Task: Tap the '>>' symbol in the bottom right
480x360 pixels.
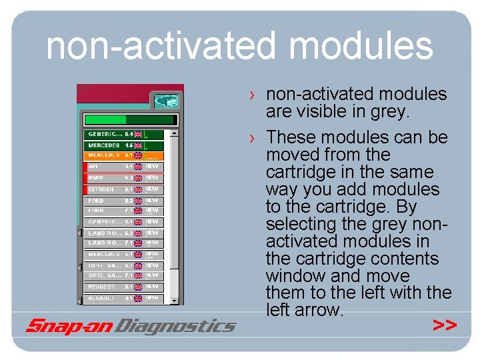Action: [x=445, y=325]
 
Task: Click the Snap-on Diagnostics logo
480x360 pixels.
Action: [x=131, y=326]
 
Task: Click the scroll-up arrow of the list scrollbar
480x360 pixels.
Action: [x=175, y=133]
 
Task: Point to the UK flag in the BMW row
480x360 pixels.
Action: [x=138, y=178]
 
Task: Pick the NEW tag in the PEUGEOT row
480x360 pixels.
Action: [x=153, y=287]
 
